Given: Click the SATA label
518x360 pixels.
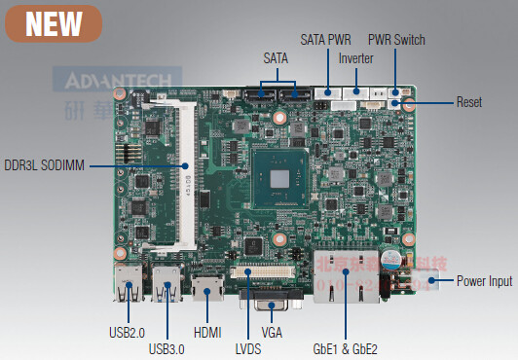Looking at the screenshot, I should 276,58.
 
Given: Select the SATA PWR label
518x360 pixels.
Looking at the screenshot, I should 325,40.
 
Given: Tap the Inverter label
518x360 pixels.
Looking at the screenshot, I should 355,58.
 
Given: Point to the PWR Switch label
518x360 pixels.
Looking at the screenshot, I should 396,40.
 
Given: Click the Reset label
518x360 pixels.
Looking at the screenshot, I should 469,101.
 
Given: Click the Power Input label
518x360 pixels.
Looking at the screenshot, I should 484,281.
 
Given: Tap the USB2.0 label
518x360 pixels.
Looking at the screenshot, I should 128,332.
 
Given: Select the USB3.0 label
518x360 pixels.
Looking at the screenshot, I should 166,347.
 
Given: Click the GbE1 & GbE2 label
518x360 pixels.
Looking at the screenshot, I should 345,347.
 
